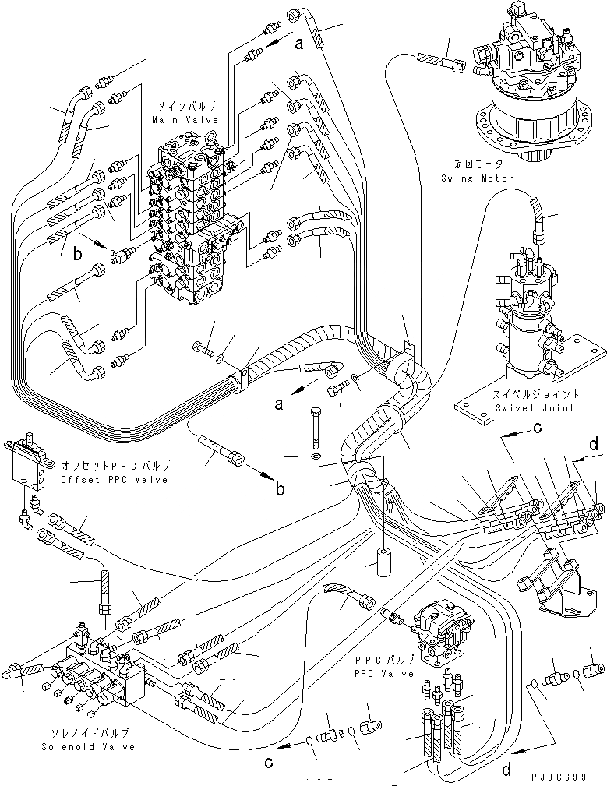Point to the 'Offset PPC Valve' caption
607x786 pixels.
coord(115,480)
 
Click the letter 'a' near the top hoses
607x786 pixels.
coord(298,45)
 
